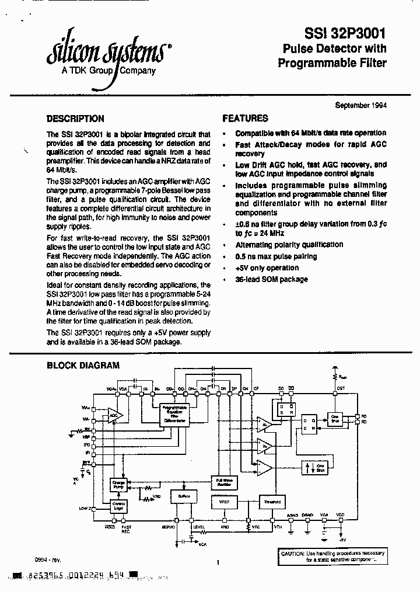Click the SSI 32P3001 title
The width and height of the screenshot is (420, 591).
pos(346,34)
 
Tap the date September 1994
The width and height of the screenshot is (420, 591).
pos(360,105)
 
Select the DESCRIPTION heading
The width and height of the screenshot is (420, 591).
pos(75,119)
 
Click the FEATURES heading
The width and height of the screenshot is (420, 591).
pos(245,119)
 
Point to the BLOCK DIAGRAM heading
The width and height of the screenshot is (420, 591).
pos(83,366)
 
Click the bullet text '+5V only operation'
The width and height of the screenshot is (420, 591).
pos(267,268)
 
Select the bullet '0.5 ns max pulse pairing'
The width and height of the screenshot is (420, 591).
pos(276,256)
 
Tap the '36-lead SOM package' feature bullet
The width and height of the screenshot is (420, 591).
pos(271,280)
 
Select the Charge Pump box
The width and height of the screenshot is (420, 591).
pos(118,485)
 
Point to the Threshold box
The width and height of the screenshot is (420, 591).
pos(272,501)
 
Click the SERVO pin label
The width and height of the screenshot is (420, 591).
pos(169,526)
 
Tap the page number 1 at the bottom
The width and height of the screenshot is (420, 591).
pos(217,562)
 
